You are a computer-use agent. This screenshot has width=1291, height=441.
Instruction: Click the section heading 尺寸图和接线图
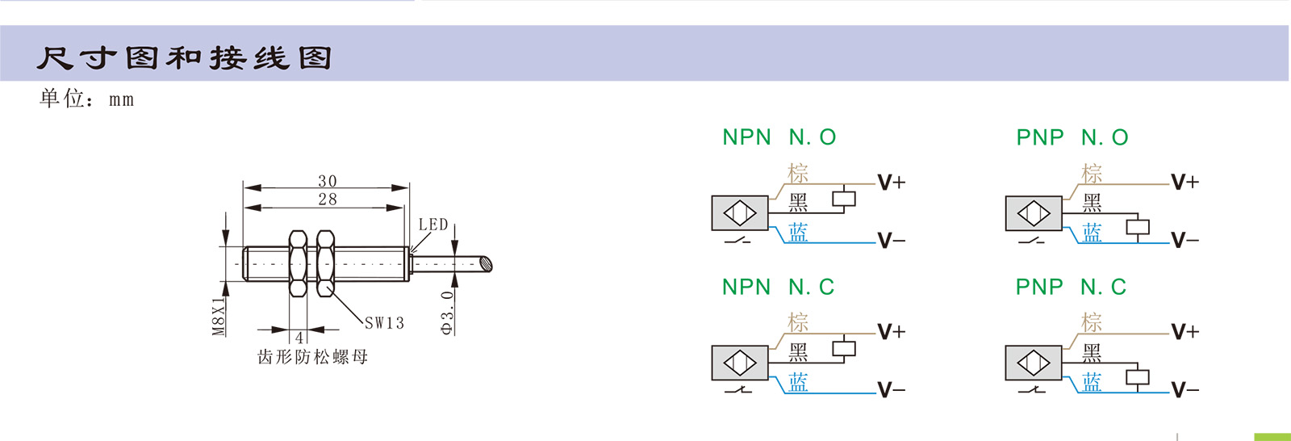coord(184,57)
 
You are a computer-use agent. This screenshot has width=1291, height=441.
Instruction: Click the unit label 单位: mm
coord(86,99)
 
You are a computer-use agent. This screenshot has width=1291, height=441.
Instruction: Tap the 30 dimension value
coord(327,181)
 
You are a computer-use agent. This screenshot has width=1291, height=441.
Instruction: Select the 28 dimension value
coord(327,199)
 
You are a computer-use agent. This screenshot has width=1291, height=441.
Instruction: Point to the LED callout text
coord(432,225)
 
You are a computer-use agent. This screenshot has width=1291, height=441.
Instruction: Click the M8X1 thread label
coord(219,316)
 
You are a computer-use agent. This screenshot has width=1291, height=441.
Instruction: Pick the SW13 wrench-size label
coord(384,323)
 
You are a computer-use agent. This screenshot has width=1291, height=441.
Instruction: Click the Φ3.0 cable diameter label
coord(447,313)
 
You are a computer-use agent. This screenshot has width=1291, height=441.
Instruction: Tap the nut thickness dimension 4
coord(299,338)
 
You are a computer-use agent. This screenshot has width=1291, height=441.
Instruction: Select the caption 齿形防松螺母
coord(312,357)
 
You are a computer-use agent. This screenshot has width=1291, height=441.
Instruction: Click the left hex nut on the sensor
coord(298,263)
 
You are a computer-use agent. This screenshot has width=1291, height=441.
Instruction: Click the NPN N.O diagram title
coord(779,137)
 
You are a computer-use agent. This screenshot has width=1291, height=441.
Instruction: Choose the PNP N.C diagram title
coord(1071,287)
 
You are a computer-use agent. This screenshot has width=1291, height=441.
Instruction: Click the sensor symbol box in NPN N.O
coord(740,214)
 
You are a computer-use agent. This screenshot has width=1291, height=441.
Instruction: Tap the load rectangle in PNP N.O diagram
coord(1138,227)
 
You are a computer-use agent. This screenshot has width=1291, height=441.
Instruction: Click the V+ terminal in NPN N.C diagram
coord(892,332)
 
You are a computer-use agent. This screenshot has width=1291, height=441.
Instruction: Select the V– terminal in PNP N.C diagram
coord(1184,391)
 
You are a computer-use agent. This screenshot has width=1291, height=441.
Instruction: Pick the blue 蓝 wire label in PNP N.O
coord(1092,233)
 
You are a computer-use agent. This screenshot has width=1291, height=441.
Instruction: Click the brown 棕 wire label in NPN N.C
coord(798,322)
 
